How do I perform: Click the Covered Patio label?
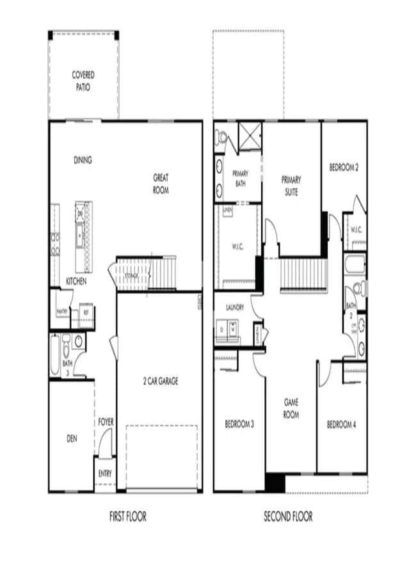[x=83, y=80]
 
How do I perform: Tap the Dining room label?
[x=83, y=160]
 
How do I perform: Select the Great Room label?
[x=161, y=183]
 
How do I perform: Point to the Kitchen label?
[x=76, y=281]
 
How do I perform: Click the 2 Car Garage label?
[x=160, y=381]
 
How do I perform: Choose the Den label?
[x=72, y=439]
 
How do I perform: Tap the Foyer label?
[x=106, y=422]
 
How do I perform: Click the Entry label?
[x=105, y=474]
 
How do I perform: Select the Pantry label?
[x=63, y=312]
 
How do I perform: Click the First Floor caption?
[x=127, y=516]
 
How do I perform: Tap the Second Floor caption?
[x=289, y=516]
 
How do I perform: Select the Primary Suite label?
[x=291, y=186]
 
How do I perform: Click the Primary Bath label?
[x=240, y=178]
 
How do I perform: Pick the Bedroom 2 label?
[x=344, y=167]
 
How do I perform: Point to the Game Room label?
[x=292, y=408]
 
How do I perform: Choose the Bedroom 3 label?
[x=239, y=424]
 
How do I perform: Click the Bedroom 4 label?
[x=342, y=424]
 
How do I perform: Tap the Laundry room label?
[x=234, y=307]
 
